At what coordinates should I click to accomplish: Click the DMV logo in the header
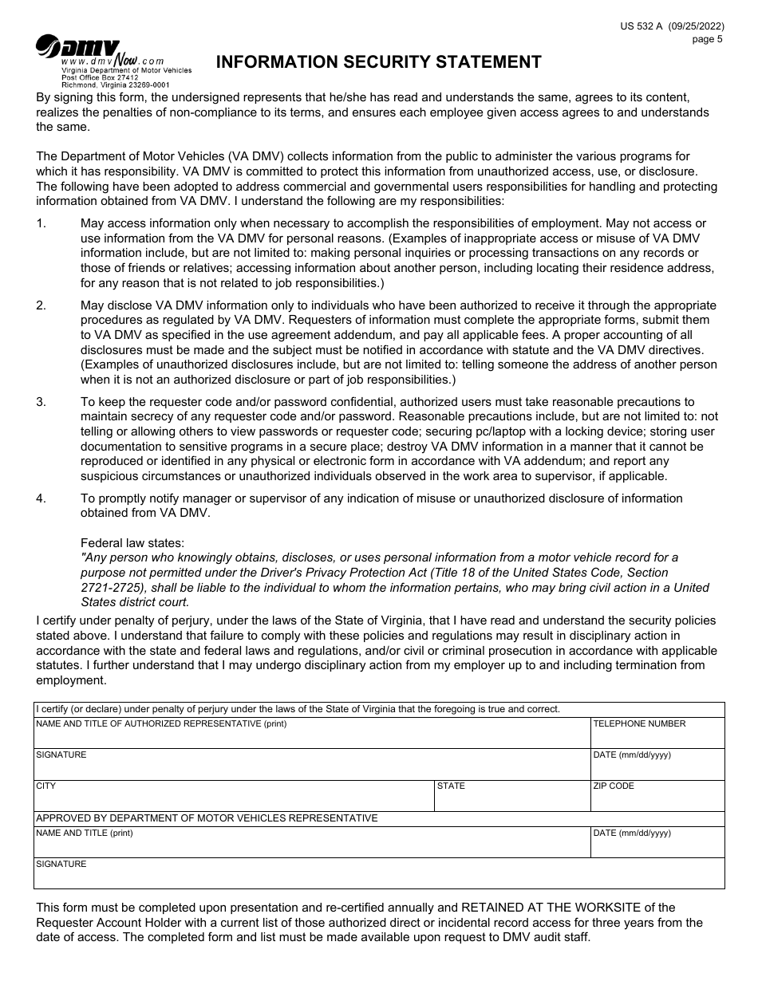78,47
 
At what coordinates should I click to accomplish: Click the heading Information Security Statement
379,62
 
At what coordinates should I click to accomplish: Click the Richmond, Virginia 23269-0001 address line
115,84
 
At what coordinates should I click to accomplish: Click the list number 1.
41,223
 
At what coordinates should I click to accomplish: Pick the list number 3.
41,402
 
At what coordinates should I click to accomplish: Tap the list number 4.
41,498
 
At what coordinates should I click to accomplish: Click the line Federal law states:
132,543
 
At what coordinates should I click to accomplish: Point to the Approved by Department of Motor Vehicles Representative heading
207,818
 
